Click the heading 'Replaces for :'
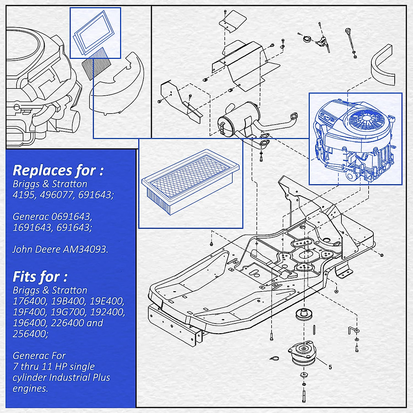(58, 170)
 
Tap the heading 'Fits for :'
(40, 277)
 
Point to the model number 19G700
(67, 312)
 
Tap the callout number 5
(330, 367)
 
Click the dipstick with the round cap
(350, 40)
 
